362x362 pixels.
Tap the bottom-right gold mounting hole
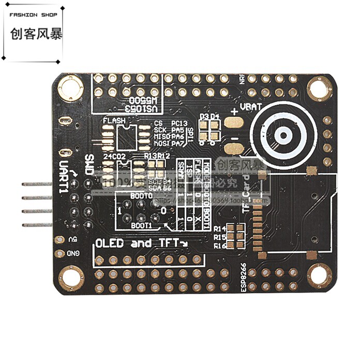click(x=319, y=275)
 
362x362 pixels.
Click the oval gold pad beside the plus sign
click(x=234, y=122)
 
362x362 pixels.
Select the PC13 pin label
click(x=178, y=123)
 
